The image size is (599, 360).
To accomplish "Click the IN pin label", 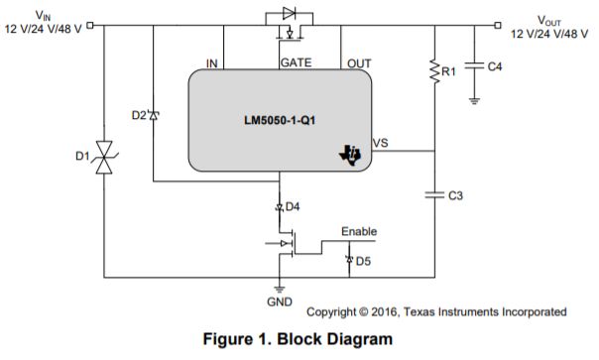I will pos(211,63).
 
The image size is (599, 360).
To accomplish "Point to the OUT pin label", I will pos(358,63).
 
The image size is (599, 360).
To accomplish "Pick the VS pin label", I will pos(380,144).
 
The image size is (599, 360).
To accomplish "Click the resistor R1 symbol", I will pos(434,70).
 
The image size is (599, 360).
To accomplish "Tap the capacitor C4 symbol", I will pos(475,65).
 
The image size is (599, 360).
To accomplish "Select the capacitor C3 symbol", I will pos(435,195).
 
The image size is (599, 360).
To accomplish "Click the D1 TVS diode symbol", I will pos(103,158).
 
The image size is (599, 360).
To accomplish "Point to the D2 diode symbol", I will pos(154,115).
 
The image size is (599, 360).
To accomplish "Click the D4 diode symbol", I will pos(280,206).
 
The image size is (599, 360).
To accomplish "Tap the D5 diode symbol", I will pos(348,261).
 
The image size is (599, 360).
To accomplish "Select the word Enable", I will pos(359,232).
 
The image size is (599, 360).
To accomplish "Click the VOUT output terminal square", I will pos(496,26).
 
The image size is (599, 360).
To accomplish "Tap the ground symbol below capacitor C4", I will pos(475,99).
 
